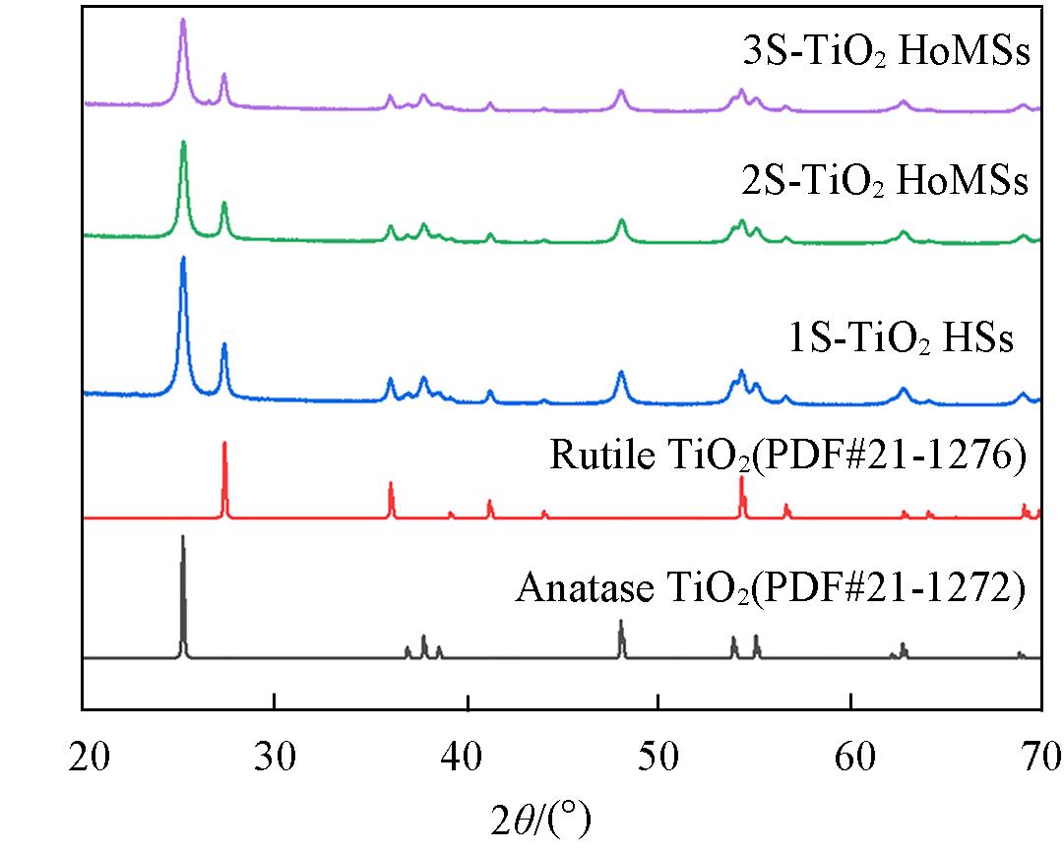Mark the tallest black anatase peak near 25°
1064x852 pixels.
(182, 538)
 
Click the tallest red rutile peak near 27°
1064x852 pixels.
(224, 445)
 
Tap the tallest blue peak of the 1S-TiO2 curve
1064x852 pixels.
(183, 260)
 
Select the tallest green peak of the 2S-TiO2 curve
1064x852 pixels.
(183, 144)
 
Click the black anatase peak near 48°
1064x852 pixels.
(621, 623)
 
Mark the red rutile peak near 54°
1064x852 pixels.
(741, 478)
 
